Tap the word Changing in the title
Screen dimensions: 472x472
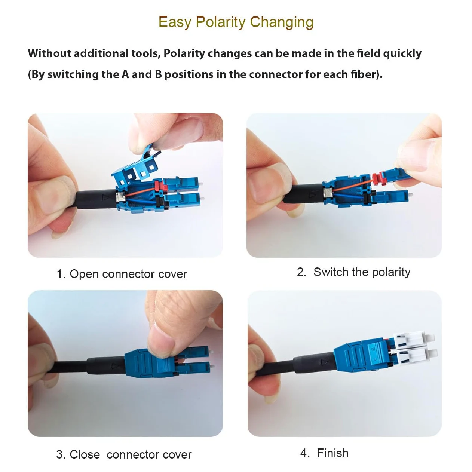click(x=282, y=22)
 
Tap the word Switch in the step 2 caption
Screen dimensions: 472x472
click(x=330, y=272)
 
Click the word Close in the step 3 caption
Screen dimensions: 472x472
click(x=85, y=455)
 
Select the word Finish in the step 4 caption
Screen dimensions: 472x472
click(x=332, y=453)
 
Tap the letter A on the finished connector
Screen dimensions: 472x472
click(x=375, y=359)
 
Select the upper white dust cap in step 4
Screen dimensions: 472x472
click(x=414, y=339)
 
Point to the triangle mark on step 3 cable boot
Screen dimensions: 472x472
click(x=115, y=366)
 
